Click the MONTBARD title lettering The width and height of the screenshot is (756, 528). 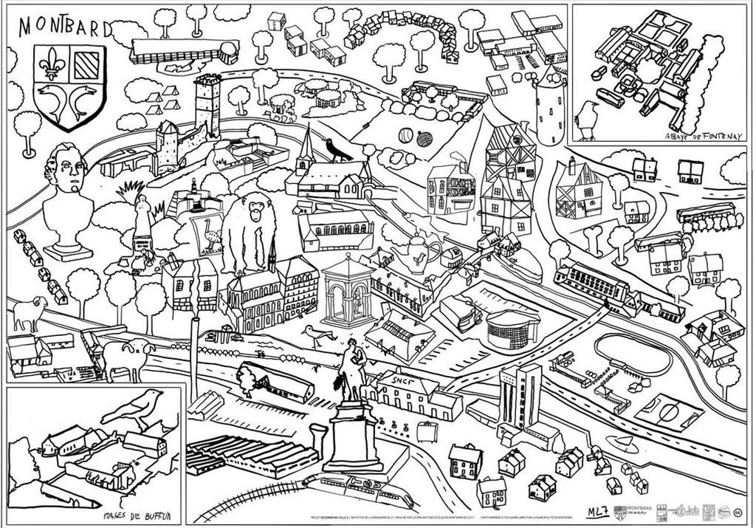click(63, 27)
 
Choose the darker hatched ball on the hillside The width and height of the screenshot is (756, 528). click(423, 137)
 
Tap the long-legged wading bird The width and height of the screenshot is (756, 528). click(318, 336)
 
